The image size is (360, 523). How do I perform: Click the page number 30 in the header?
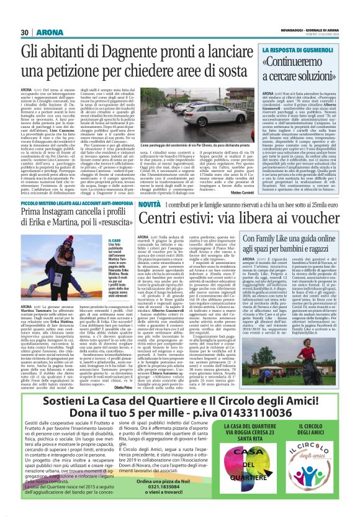click(25, 32)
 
